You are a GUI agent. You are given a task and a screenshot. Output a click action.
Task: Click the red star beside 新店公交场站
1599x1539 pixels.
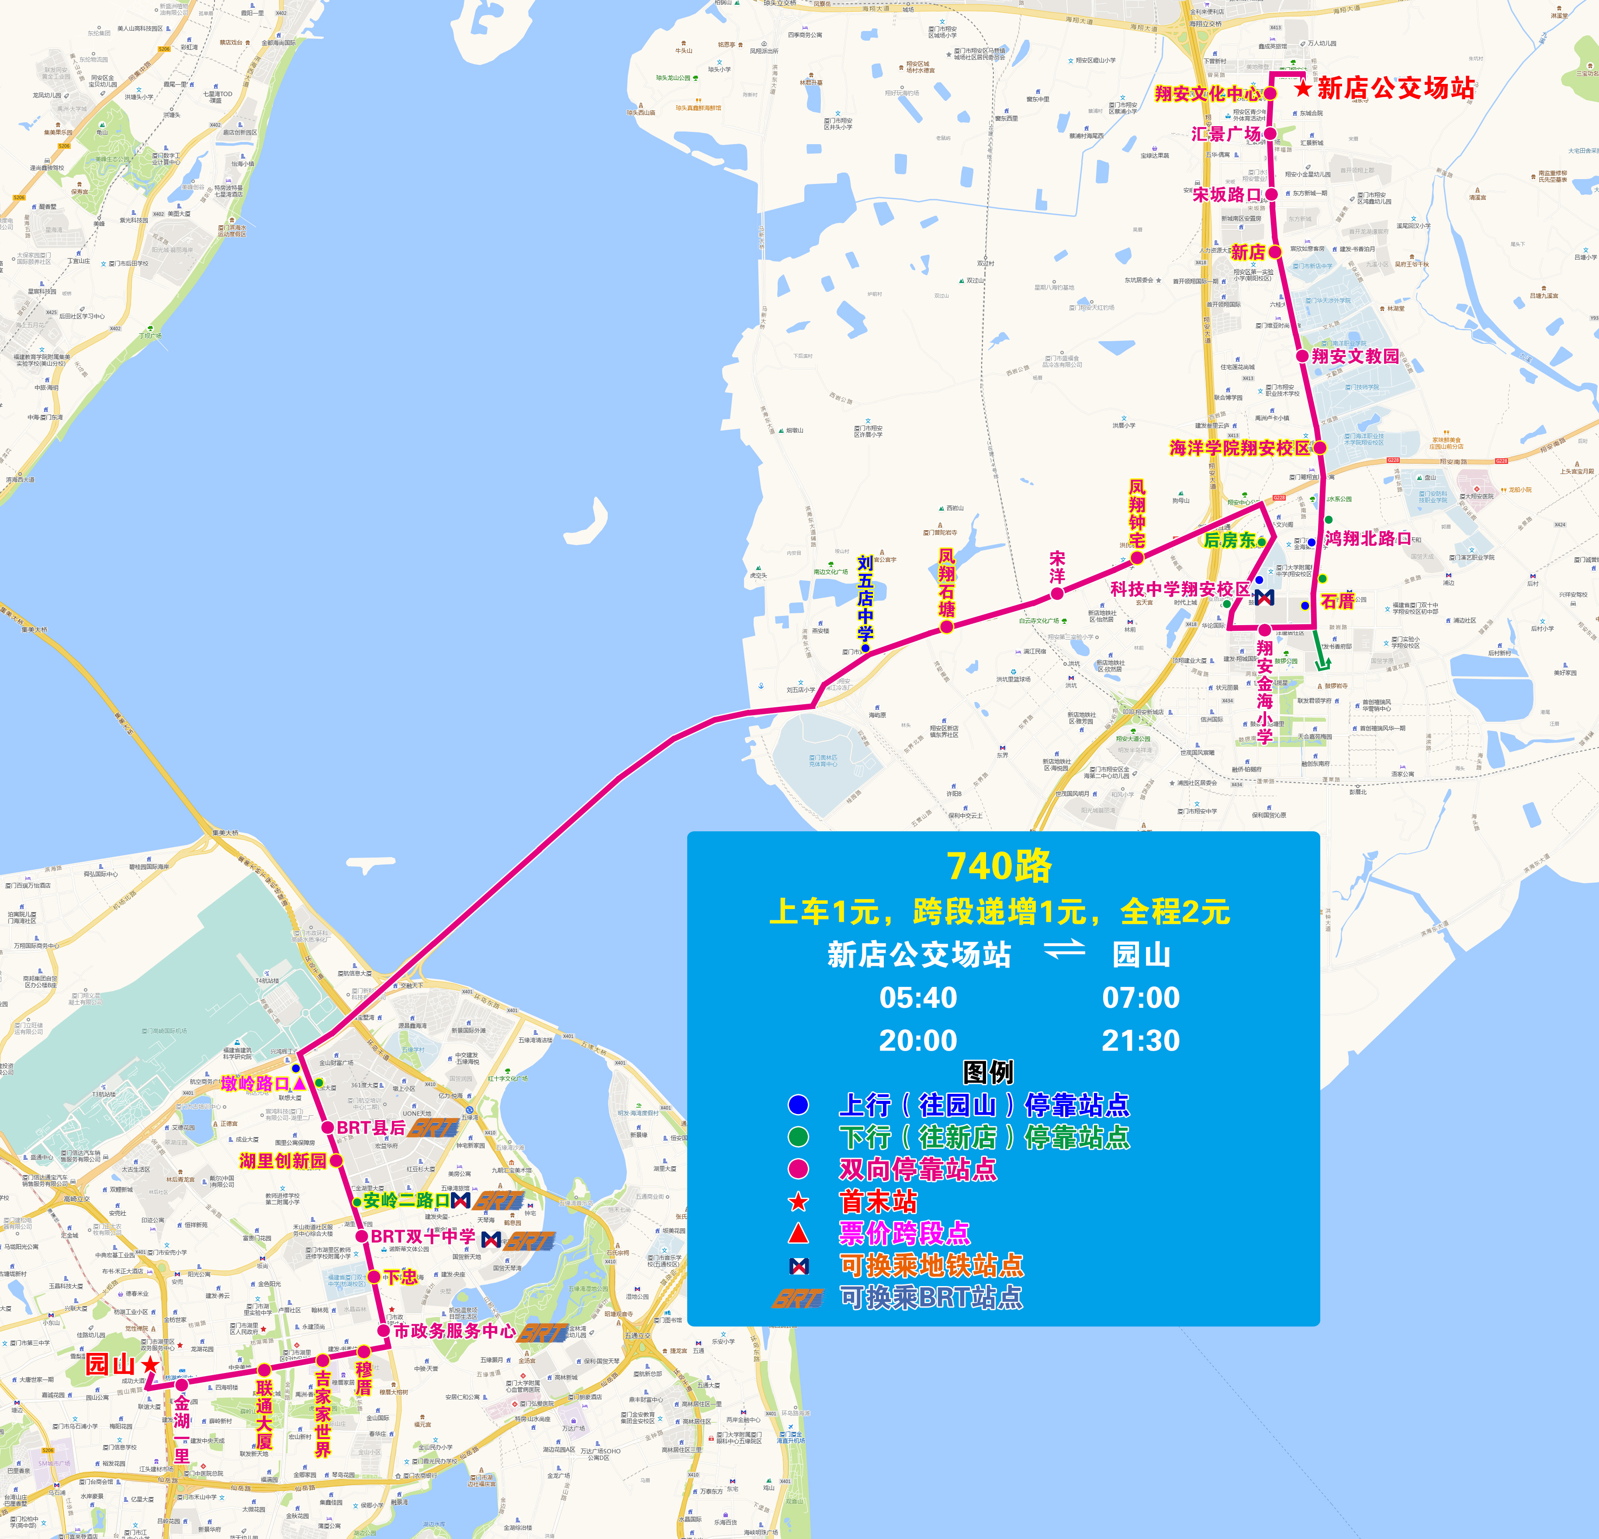point(1303,88)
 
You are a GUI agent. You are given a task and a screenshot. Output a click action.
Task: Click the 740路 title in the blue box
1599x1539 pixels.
point(1000,866)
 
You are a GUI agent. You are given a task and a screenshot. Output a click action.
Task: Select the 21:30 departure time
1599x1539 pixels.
point(1141,1041)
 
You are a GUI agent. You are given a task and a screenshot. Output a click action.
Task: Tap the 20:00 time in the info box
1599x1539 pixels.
point(918,1041)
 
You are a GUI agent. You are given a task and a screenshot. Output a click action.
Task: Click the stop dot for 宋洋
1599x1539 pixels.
point(1057,594)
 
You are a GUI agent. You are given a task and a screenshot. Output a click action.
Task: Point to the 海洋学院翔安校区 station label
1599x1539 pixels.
point(1239,448)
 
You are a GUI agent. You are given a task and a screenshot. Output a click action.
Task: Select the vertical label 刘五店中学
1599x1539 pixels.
point(865,598)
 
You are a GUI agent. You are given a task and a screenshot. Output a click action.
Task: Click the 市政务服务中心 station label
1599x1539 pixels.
point(454,1331)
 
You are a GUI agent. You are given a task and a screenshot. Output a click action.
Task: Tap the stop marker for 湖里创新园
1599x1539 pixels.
point(336,1161)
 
